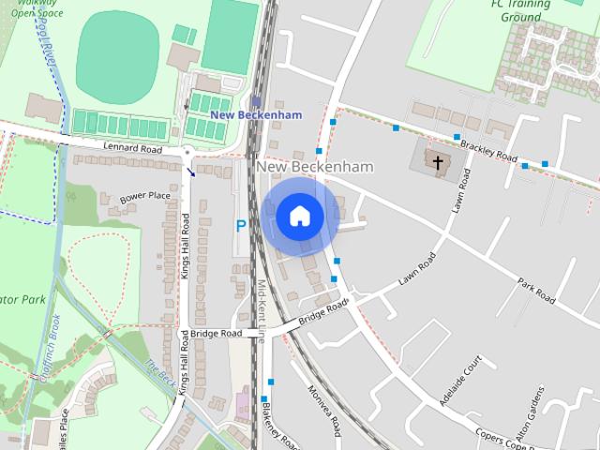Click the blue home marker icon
(x=300, y=217)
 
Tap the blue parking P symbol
(x=241, y=226)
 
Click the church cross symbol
(x=437, y=163)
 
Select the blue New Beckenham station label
(x=256, y=114)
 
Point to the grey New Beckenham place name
(x=314, y=167)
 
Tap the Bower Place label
(x=145, y=197)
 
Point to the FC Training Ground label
(x=520, y=11)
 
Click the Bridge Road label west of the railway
(x=216, y=334)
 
